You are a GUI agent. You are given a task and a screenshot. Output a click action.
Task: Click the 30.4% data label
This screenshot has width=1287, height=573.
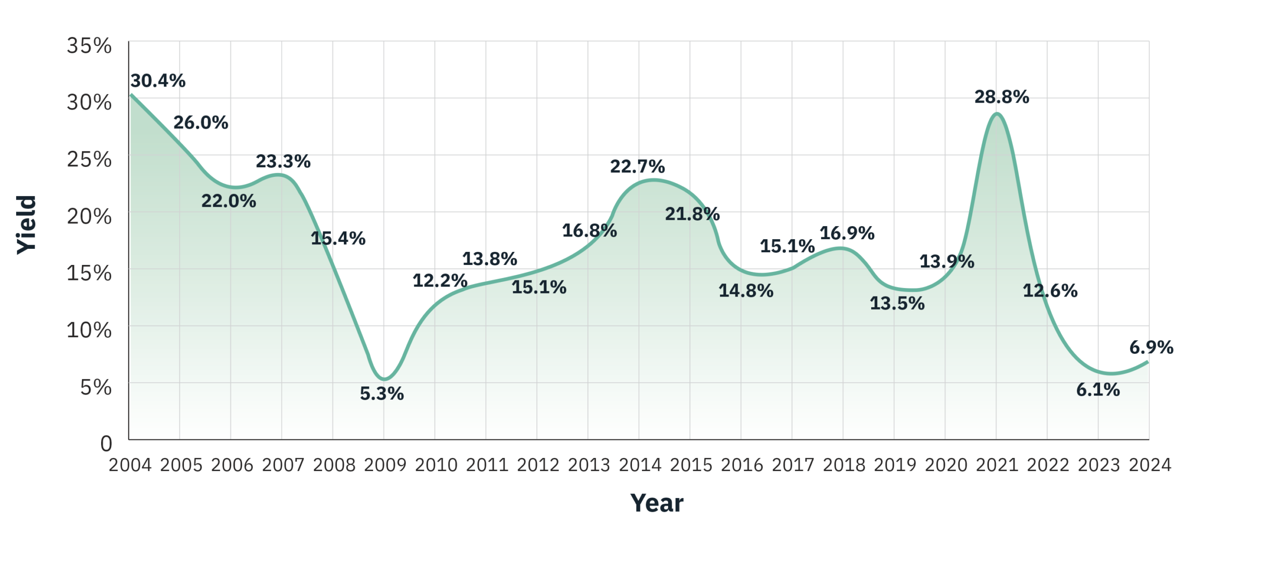tap(158, 80)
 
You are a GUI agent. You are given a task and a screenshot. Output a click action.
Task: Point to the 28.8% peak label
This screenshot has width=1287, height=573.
tap(1001, 97)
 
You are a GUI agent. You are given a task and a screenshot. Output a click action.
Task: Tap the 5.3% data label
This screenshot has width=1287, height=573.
tap(382, 394)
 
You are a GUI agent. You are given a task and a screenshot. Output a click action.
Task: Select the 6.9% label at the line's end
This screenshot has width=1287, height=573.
tap(1151, 347)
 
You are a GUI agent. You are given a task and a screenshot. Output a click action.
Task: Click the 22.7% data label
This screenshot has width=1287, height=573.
tap(637, 166)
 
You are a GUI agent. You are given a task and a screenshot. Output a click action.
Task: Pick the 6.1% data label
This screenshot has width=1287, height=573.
tap(1097, 390)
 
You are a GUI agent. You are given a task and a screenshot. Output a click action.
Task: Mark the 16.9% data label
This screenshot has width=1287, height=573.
tap(847, 233)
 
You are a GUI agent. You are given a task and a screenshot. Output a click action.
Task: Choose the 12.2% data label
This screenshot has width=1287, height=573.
tap(440, 280)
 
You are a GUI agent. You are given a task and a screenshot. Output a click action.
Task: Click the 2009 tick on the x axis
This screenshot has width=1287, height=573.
tap(385, 465)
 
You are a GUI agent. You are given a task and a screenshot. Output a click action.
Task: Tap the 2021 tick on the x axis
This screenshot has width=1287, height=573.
tap(997, 465)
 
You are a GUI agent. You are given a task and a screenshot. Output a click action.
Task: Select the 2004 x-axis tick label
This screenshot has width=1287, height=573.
tap(130, 465)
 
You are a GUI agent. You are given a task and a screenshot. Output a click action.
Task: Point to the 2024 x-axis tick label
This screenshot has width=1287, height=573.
tap(1150, 465)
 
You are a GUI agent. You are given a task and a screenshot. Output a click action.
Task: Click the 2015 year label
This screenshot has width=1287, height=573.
tap(691, 465)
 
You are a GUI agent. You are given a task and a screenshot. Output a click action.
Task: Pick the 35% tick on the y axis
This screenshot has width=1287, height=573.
tap(89, 46)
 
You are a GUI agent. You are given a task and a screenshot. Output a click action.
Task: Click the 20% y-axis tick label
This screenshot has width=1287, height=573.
tap(89, 216)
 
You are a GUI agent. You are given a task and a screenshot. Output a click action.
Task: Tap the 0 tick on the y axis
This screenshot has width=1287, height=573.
tap(106, 444)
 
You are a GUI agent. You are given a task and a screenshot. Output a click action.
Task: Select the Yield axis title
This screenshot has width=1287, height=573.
tap(27, 225)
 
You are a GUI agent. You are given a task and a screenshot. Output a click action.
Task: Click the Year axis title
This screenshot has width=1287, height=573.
tap(657, 503)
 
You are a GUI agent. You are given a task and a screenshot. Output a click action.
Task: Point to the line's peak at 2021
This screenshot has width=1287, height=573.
tap(996, 114)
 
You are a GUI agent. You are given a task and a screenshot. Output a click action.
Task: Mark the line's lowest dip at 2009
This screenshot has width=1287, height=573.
tap(384, 379)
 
